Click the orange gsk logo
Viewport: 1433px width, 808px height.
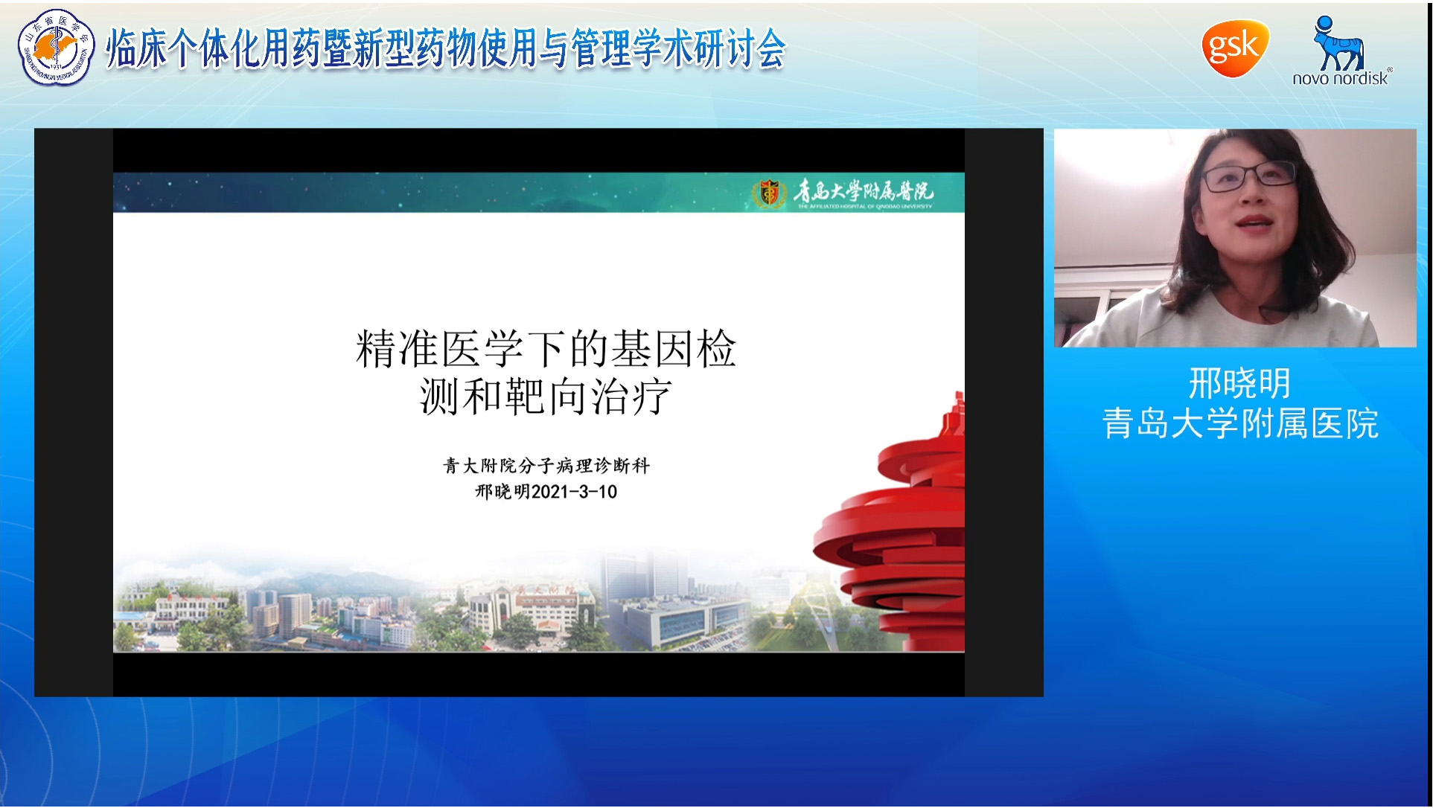pos(1234,48)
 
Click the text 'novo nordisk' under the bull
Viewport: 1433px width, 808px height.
pos(1340,78)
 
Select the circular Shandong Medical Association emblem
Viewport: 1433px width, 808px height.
pos(56,48)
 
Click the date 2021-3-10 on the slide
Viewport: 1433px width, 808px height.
pos(574,492)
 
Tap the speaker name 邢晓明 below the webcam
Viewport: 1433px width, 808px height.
pos(1239,384)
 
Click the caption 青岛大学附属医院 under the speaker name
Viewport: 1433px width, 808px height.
pos(1239,424)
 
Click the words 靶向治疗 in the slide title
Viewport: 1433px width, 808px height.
pos(588,397)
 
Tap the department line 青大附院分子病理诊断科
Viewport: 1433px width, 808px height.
pos(546,466)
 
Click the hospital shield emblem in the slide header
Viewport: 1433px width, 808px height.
pos(769,193)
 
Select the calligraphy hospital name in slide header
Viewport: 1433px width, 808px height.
pos(864,192)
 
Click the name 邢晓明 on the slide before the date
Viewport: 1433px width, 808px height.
pos(502,492)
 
